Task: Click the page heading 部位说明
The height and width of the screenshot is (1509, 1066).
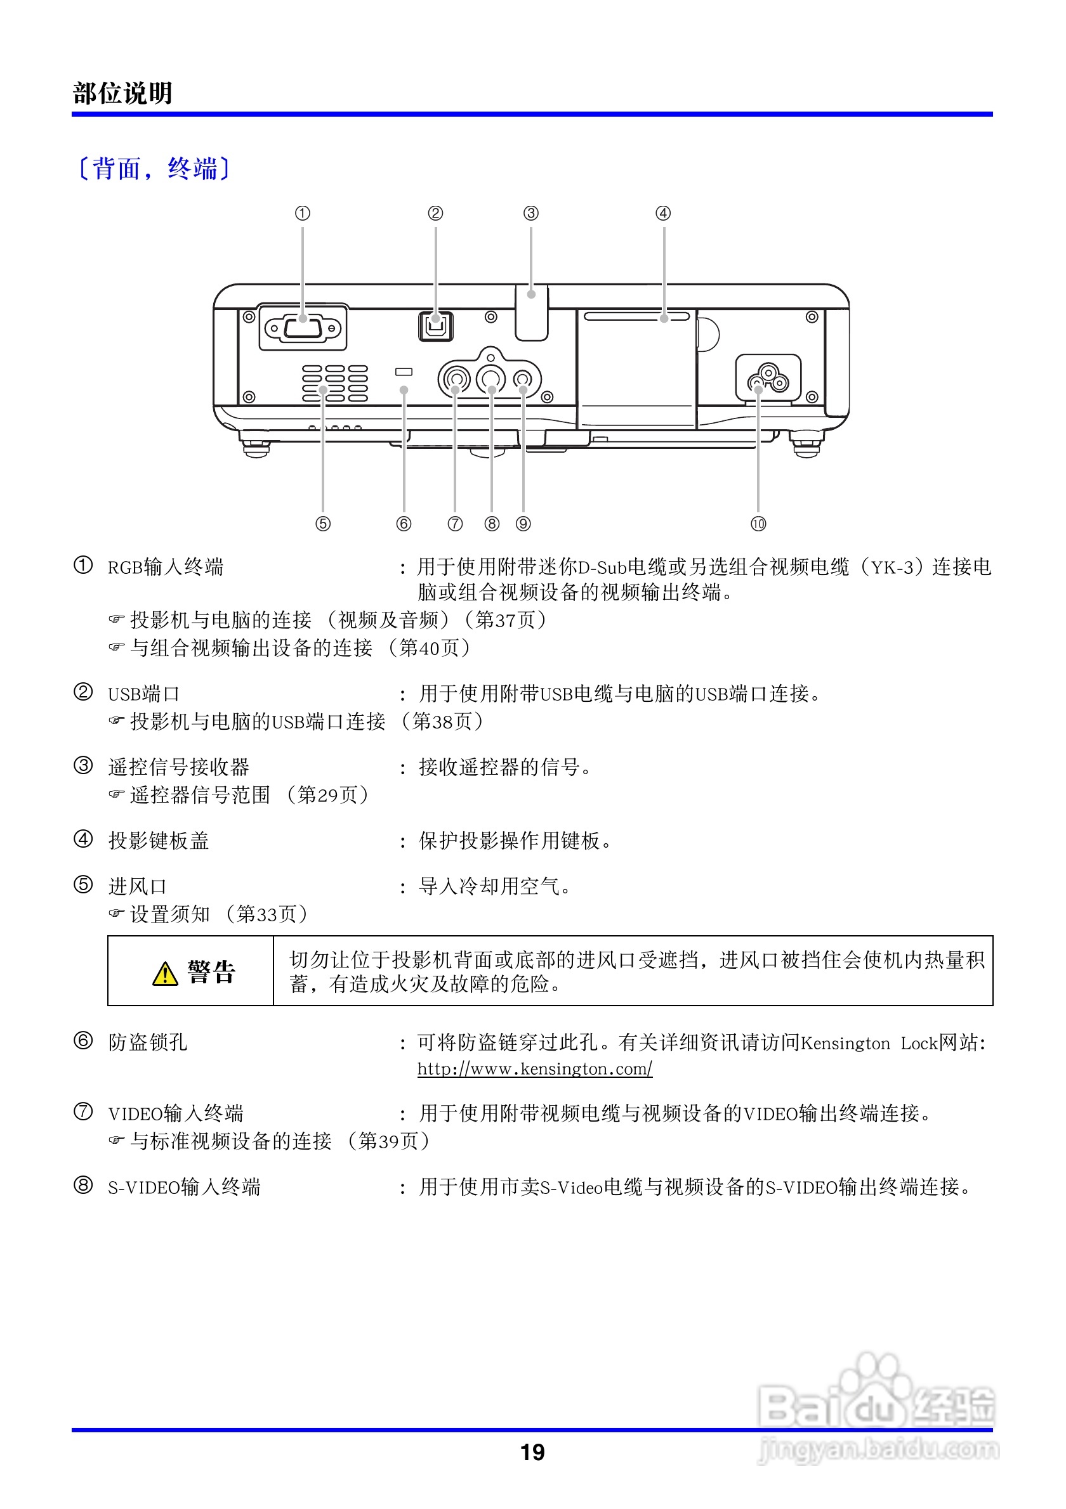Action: [x=122, y=93]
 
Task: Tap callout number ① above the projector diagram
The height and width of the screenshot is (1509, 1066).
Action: [x=302, y=213]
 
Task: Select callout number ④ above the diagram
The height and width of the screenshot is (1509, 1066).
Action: [x=663, y=213]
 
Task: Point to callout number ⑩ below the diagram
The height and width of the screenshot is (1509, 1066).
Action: [x=758, y=524]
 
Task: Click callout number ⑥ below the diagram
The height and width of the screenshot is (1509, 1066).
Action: [x=404, y=524]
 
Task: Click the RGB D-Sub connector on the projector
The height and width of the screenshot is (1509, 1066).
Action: [x=303, y=327]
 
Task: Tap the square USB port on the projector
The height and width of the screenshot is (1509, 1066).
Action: [x=435, y=325]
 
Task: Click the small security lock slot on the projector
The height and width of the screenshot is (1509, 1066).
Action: [x=404, y=372]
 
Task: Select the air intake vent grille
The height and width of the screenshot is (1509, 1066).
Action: [x=335, y=383]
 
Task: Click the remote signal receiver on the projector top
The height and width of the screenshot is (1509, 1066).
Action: [x=531, y=311]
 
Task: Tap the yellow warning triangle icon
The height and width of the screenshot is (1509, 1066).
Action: [x=165, y=973]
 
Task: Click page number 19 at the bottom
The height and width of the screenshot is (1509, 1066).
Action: [x=532, y=1452]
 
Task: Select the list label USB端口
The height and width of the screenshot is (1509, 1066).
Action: [x=143, y=694]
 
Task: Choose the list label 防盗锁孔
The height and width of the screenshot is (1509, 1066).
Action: [x=148, y=1042]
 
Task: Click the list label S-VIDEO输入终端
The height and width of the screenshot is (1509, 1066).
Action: [x=184, y=1187]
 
